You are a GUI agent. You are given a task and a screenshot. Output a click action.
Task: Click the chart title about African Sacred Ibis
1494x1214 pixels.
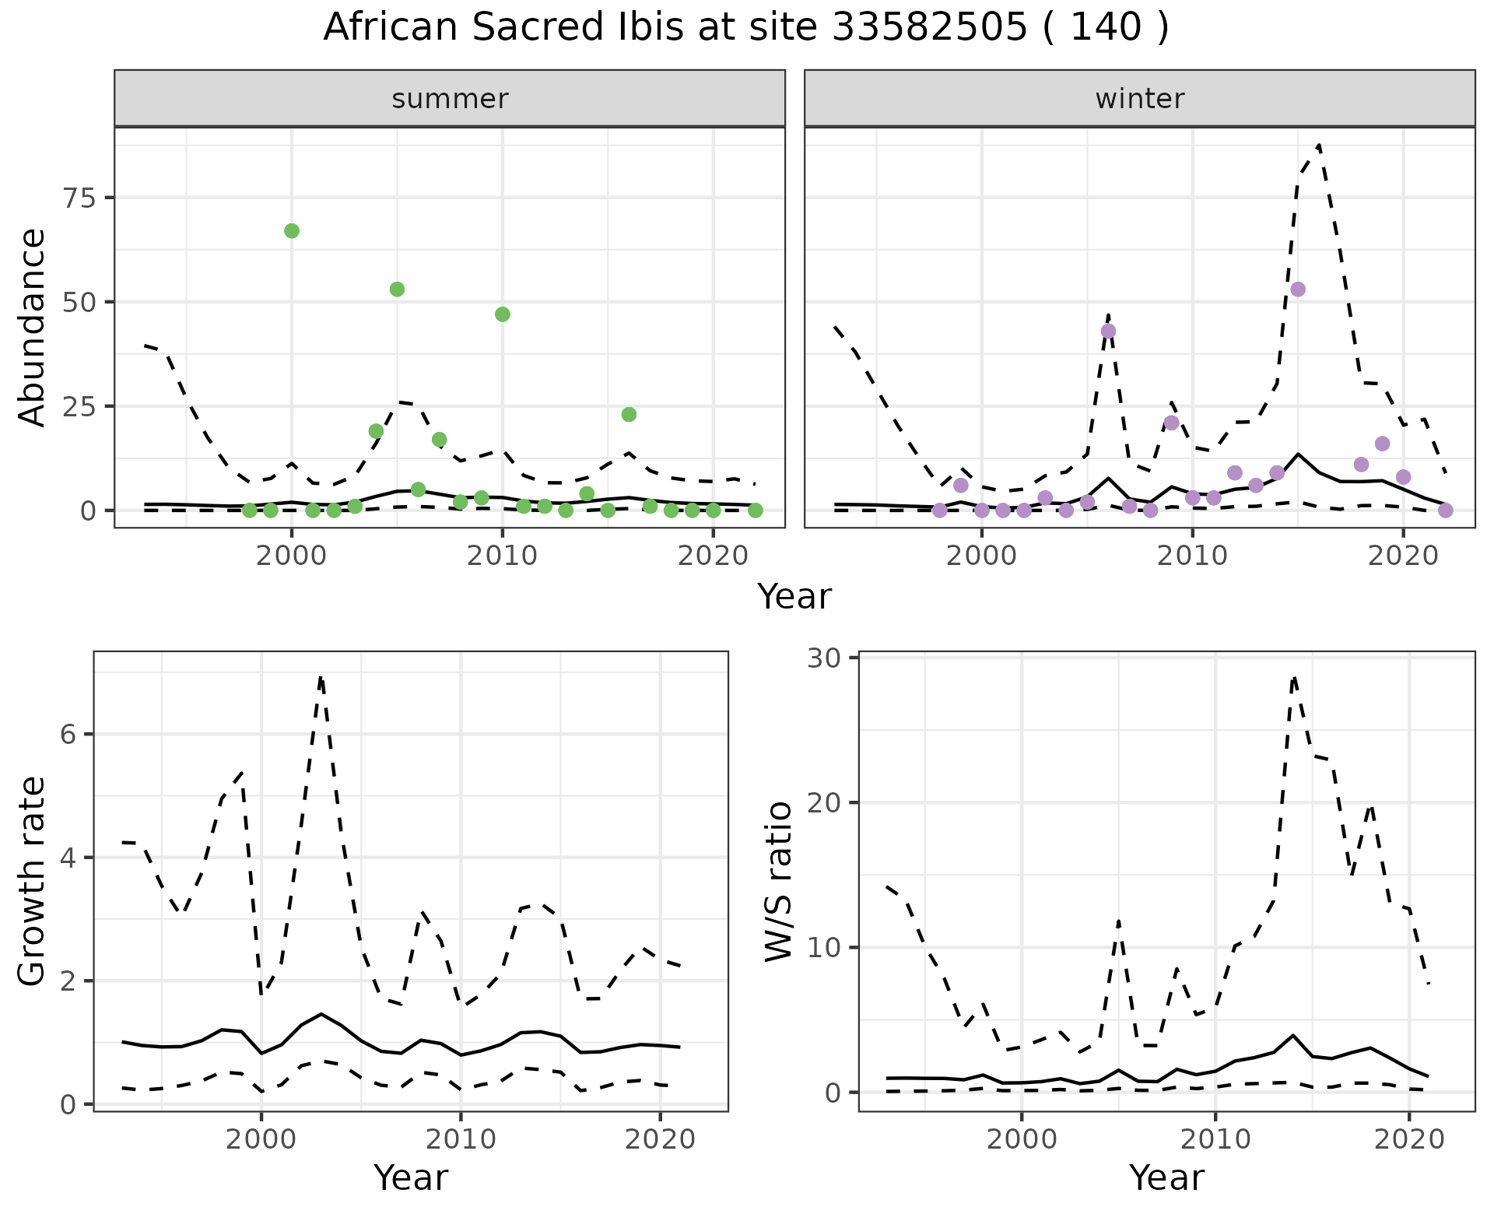coord(745,28)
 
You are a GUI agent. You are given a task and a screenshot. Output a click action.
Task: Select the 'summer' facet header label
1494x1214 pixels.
coord(450,99)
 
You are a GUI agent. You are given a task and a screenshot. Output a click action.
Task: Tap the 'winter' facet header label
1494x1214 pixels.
coord(1139,99)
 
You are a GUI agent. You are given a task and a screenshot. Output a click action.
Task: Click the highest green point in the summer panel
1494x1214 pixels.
coord(292,231)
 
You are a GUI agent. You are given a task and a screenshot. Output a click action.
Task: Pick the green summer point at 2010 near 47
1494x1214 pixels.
coord(503,314)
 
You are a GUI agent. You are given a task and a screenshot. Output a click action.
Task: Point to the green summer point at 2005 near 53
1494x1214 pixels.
coord(397,289)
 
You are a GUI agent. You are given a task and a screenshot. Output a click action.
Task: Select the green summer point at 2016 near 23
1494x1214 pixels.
coord(629,415)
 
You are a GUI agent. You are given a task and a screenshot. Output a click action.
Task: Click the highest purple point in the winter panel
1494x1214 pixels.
coord(1298,289)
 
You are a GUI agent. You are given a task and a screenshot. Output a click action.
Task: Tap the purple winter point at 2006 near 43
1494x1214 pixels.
coord(1108,331)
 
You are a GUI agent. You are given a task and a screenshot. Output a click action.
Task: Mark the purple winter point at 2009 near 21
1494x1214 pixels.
coord(1172,423)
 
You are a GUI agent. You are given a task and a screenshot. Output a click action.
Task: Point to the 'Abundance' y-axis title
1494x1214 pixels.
coord(33,328)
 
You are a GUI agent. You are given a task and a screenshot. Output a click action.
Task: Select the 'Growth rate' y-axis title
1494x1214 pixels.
coord(33,882)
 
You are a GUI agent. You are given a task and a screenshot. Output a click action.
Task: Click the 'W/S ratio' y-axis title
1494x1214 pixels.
coord(778,882)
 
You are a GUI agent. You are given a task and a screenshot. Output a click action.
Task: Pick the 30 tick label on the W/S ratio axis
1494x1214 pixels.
coord(826,658)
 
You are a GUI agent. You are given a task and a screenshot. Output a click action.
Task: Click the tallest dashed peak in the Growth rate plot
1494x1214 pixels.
coord(321,677)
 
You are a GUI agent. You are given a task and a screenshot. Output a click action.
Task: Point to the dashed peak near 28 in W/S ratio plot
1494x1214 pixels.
coord(1293,677)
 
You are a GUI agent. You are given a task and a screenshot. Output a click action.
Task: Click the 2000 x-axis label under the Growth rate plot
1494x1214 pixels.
coord(261,1141)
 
